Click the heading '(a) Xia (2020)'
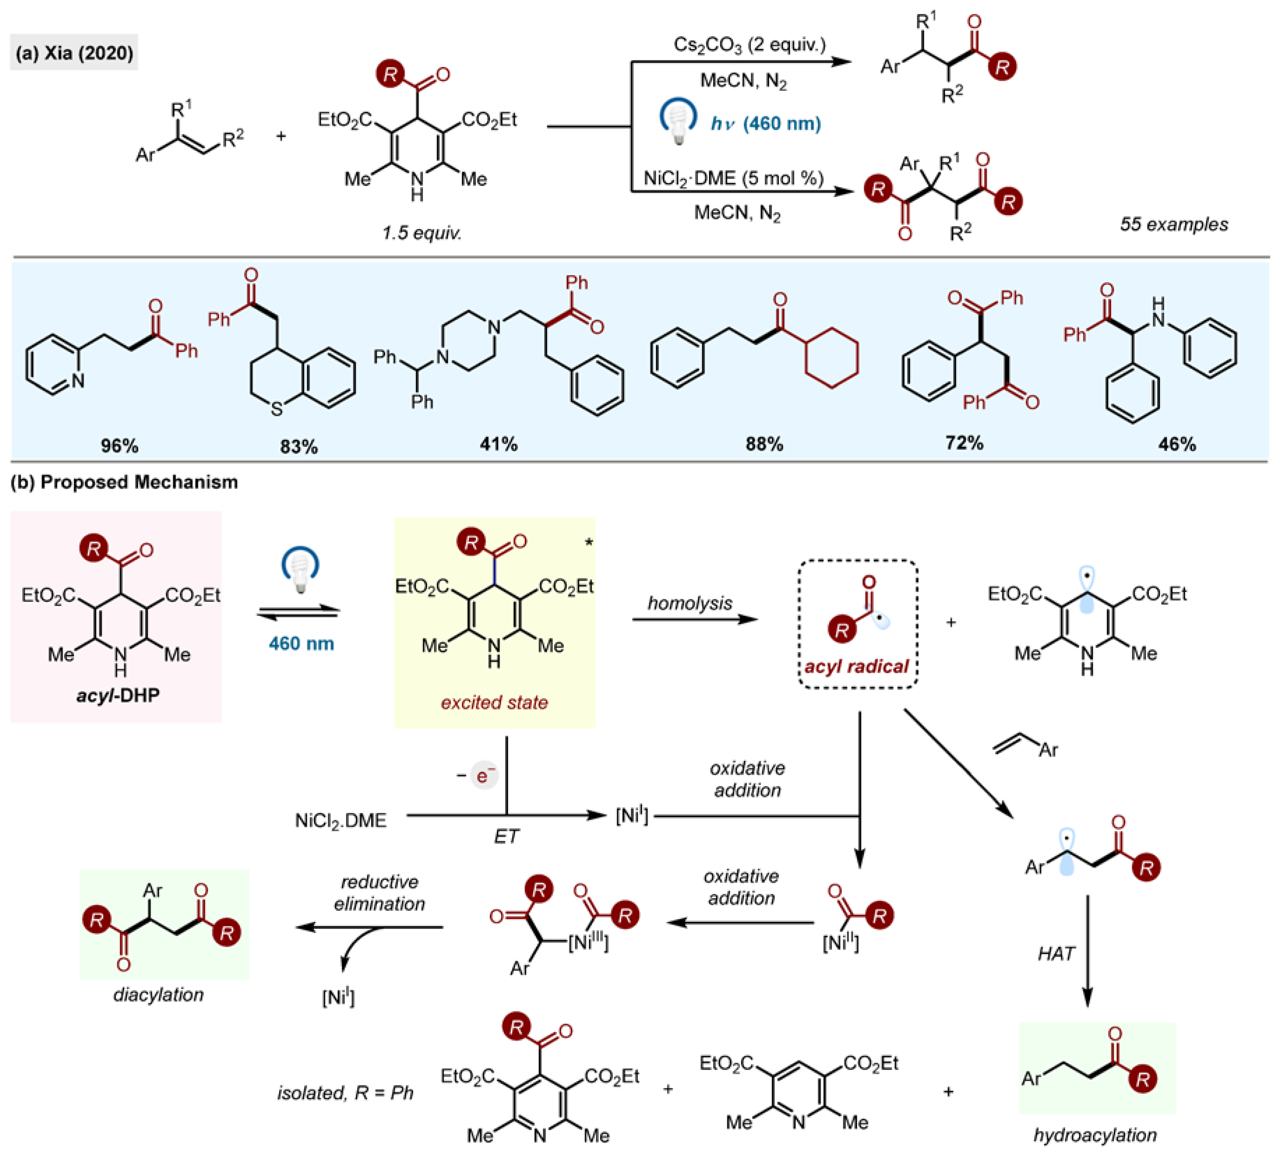74,52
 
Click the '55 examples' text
1174,224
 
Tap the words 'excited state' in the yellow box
494,702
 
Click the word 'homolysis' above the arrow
690,603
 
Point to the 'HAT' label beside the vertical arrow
1056,953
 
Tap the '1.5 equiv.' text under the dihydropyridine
421,233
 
